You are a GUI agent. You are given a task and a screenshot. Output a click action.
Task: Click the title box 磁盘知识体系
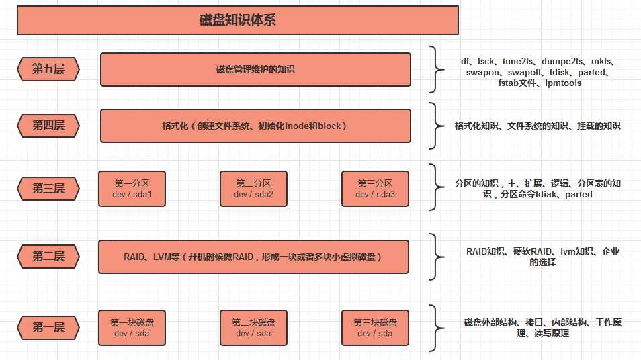click(237, 20)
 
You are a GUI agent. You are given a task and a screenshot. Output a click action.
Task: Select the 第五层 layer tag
click(48, 69)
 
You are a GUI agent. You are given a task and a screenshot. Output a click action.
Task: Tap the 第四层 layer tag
click(48, 126)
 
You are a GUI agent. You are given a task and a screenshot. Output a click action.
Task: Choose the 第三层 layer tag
click(48, 189)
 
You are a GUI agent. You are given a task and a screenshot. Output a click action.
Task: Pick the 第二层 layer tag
click(48, 256)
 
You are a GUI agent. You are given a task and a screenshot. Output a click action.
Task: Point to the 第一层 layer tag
click(48, 328)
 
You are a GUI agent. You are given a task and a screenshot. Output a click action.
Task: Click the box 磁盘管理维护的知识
click(255, 69)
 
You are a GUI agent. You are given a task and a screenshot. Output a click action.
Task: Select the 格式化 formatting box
click(255, 126)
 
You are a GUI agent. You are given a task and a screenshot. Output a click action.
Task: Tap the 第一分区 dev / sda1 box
click(132, 189)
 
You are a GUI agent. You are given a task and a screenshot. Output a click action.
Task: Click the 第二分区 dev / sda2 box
click(253, 189)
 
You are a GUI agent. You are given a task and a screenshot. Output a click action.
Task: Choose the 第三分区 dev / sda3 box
click(375, 189)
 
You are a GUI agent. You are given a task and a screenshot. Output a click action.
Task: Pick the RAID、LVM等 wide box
click(253, 257)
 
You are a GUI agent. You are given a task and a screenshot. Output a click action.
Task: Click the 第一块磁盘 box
click(132, 328)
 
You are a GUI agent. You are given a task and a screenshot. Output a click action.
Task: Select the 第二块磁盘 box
click(253, 328)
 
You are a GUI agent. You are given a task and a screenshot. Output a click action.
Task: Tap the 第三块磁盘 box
click(375, 328)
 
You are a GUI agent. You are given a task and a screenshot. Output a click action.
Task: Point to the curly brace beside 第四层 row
click(435, 126)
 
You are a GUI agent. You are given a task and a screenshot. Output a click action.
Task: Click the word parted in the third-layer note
click(579, 195)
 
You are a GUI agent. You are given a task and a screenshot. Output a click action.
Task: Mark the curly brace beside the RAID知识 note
click(435, 257)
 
